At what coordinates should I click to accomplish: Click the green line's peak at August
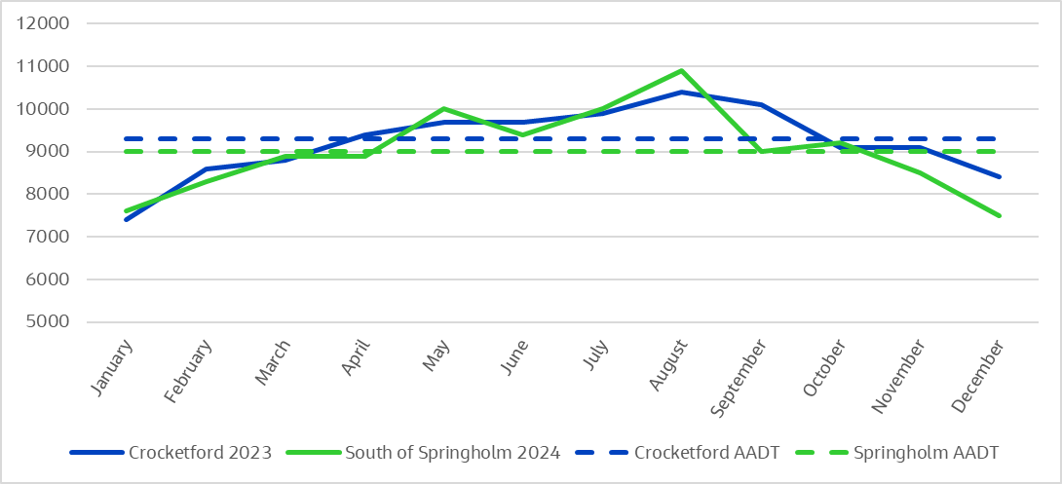[681, 70]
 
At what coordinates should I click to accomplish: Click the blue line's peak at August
[681, 92]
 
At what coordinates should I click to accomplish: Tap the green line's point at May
[443, 108]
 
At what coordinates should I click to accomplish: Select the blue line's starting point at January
[126, 220]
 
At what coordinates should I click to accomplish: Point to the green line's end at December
[1000, 216]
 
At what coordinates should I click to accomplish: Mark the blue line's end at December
[1000, 177]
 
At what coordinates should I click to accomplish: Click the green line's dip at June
[523, 134]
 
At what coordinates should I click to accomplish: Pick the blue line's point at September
[761, 104]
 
